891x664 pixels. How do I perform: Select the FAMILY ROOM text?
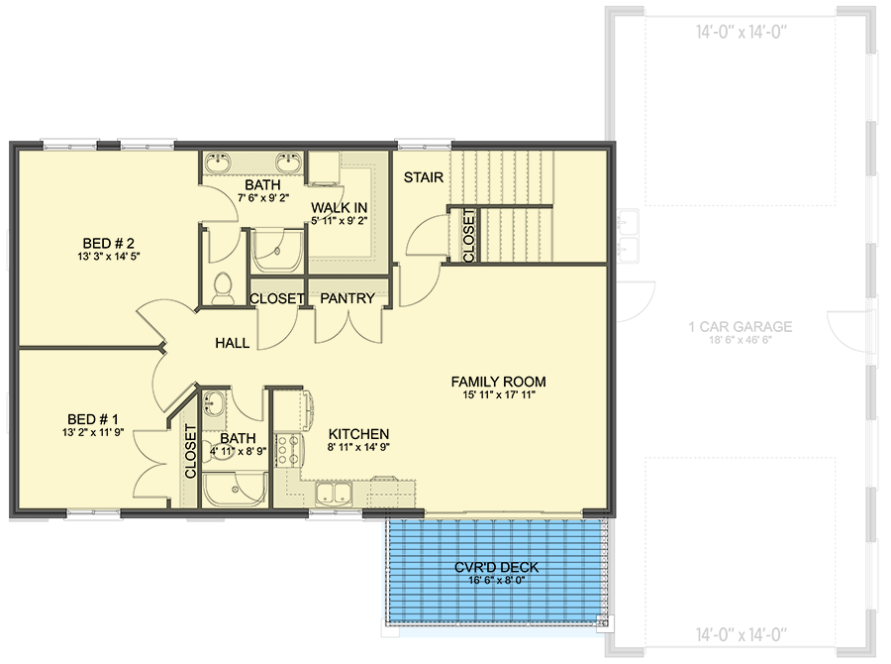[x=498, y=382]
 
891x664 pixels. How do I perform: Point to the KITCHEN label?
[x=358, y=434]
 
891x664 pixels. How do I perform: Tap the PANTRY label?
[x=347, y=298]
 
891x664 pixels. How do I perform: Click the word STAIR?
[x=423, y=177]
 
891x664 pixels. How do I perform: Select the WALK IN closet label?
[x=340, y=207]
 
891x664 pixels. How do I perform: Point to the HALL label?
[x=232, y=343]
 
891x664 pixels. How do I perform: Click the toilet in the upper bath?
[x=223, y=287]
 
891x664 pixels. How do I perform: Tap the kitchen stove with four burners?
[x=288, y=449]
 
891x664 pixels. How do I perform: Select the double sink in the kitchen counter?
[x=334, y=493]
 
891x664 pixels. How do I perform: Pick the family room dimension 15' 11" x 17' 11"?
[x=498, y=395]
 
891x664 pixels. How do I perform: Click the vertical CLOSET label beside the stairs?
[x=468, y=234]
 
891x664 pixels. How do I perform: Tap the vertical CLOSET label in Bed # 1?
[x=190, y=453]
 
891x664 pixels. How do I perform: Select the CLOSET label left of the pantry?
[x=276, y=298]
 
